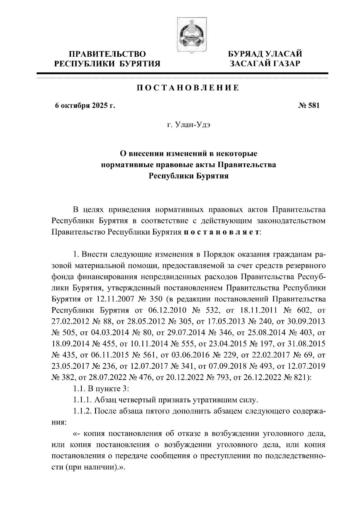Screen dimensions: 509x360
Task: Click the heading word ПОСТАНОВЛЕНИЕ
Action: pos(188,88)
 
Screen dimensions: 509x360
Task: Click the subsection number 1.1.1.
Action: pos(82,400)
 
